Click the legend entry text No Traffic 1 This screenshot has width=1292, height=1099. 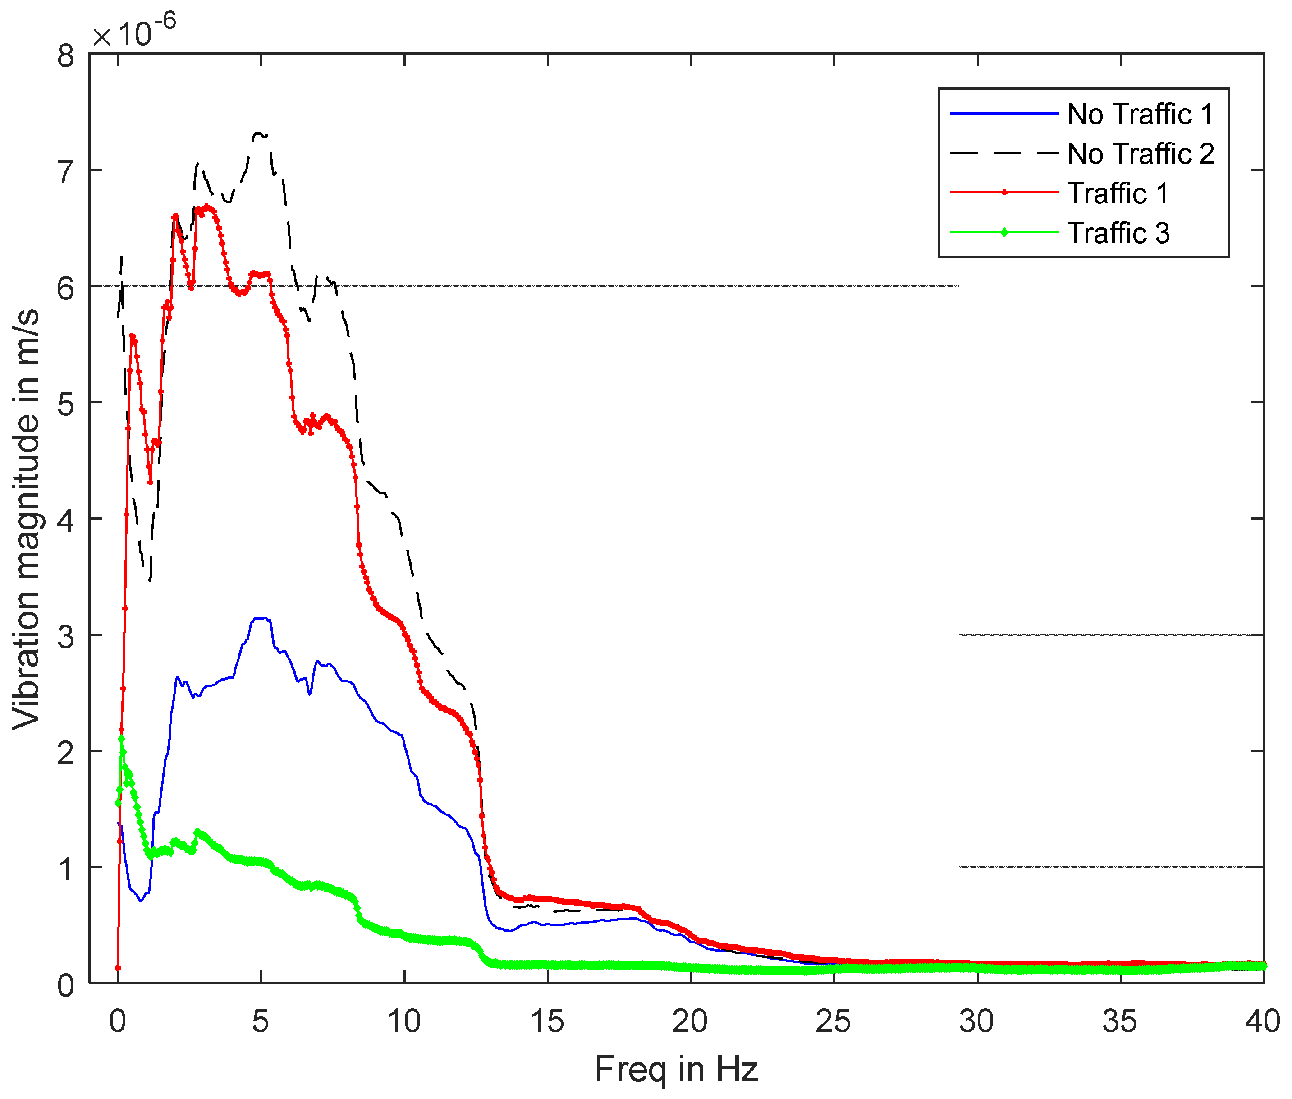(x=1140, y=114)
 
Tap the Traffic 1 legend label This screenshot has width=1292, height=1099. (x=1118, y=193)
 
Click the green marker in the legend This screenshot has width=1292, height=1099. (x=1004, y=233)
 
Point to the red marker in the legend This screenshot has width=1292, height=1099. (x=1004, y=193)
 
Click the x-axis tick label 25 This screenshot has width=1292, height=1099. (x=833, y=1021)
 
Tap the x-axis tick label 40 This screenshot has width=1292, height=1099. (x=1262, y=1021)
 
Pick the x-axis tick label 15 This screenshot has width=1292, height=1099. (x=547, y=1021)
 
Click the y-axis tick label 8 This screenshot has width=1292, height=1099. (x=65, y=56)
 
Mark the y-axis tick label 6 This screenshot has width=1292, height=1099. (x=65, y=288)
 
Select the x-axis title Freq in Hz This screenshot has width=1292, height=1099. (x=676, y=1069)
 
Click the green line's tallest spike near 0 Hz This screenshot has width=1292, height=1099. (x=121, y=738)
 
